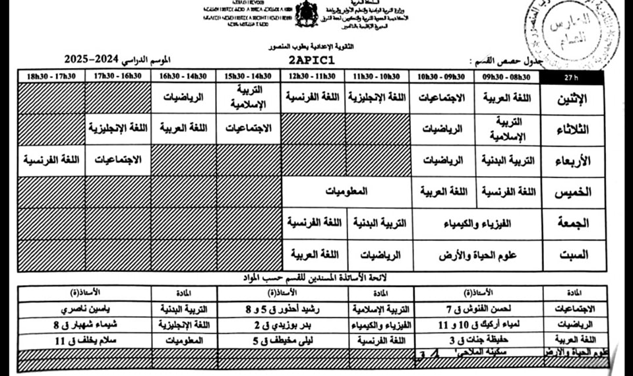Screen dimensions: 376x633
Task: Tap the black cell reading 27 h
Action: [x=571, y=77]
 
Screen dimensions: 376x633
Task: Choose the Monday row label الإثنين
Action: [x=572, y=100]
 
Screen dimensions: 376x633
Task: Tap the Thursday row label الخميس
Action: [x=572, y=192]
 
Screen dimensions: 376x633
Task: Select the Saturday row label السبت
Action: [x=572, y=255]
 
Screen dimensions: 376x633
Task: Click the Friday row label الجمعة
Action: [x=572, y=223]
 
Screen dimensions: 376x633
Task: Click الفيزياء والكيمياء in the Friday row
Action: [x=477, y=223]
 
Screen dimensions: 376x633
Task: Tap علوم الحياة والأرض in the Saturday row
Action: [x=477, y=255]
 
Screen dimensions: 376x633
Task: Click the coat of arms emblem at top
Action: [x=306, y=15]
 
